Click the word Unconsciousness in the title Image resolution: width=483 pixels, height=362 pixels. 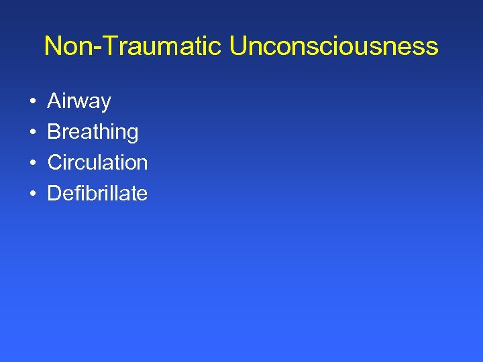coord(333,46)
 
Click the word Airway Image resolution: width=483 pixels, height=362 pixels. coord(79,102)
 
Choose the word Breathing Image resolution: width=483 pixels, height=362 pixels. coord(93,132)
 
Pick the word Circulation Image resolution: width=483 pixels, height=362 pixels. coord(97,162)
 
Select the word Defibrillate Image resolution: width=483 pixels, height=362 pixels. coord(97,193)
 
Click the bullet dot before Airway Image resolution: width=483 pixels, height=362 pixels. coord(32,103)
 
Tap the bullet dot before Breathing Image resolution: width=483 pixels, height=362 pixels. coord(32,133)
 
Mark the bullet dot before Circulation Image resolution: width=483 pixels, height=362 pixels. coord(32,164)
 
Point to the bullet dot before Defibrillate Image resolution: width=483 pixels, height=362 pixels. coord(32,194)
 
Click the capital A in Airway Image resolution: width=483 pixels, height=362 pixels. coord(54,101)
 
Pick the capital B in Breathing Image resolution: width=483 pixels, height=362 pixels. coord(54,131)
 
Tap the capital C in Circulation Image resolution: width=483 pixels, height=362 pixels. coord(55,162)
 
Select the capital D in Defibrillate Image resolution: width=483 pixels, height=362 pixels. coord(55,193)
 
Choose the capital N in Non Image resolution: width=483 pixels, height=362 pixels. coord(52,46)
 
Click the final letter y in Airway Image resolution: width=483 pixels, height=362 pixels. coord(105,104)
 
